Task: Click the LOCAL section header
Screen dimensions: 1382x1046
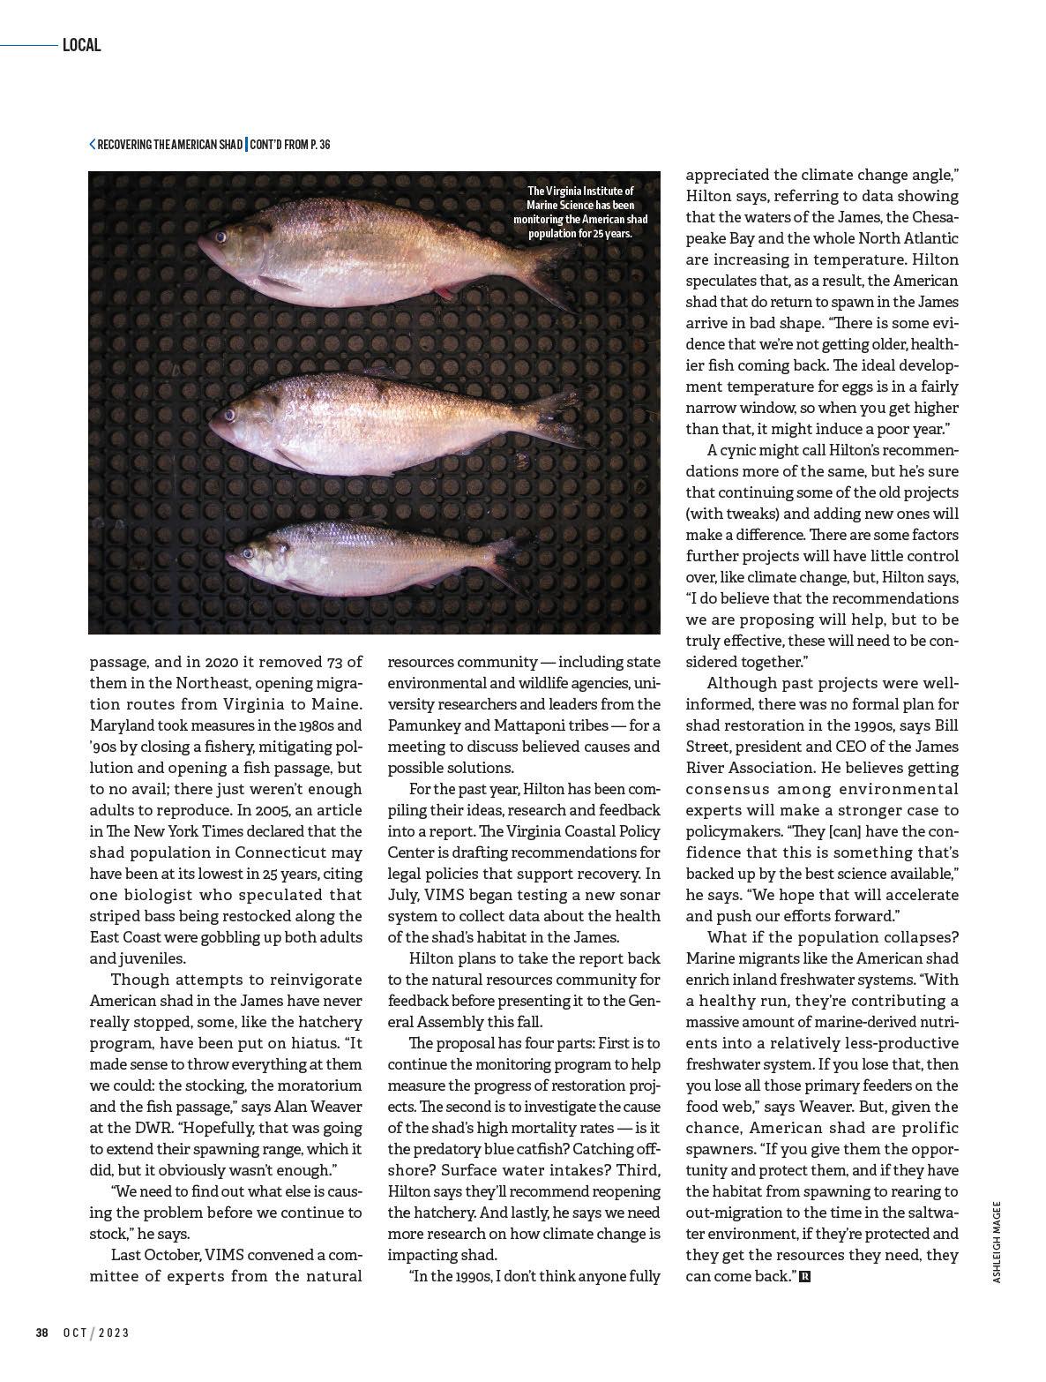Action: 81,45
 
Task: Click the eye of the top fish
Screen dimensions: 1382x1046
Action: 220,237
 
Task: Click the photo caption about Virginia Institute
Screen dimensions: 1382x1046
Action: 579,212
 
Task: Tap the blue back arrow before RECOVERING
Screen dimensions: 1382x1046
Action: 93,144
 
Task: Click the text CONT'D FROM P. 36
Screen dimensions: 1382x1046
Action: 290,144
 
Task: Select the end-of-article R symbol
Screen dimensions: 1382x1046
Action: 803,1276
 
